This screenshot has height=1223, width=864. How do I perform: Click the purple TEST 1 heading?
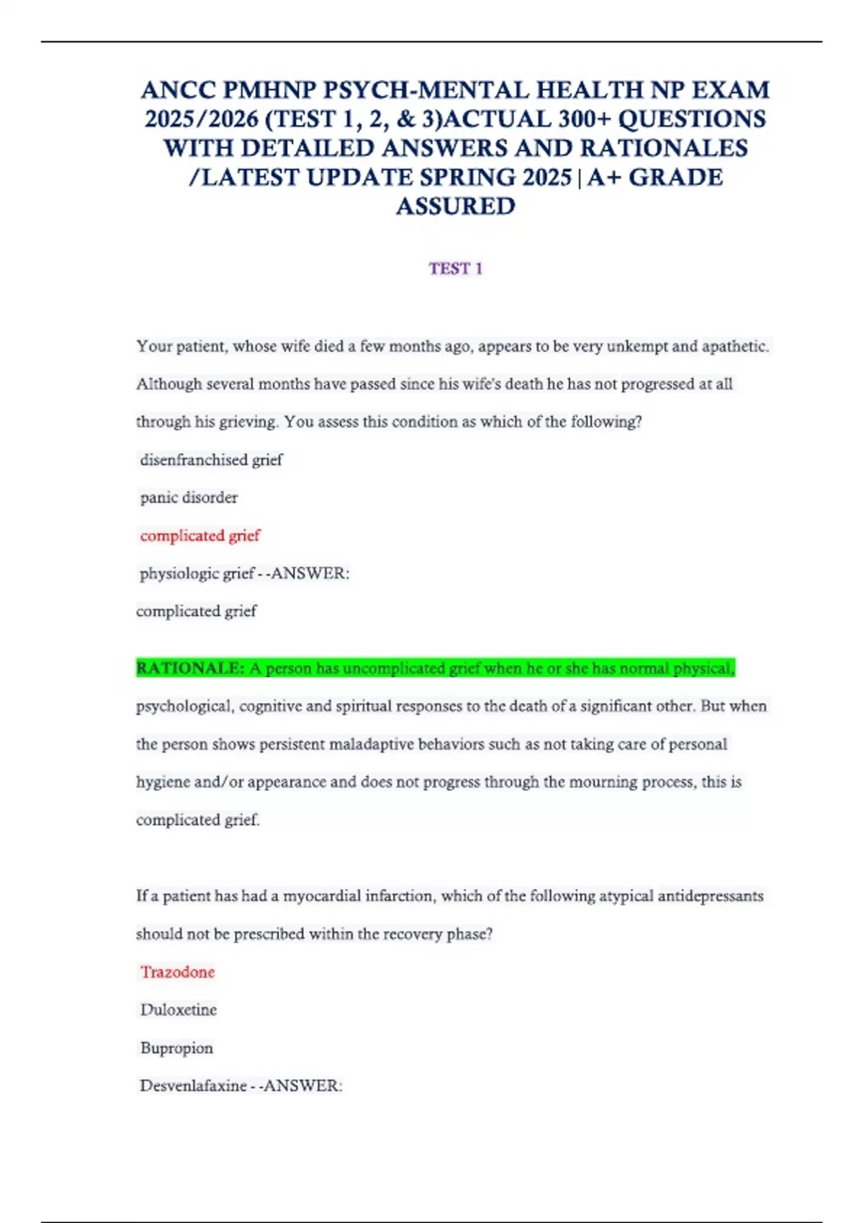click(x=455, y=268)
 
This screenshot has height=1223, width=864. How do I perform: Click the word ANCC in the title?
click(x=179, y=90)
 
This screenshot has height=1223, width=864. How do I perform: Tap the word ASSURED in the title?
click(x=455, y=206)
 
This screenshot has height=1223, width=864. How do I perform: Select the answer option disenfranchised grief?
click(x=211, y=460)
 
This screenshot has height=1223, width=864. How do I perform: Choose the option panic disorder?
click(x=189, y=497)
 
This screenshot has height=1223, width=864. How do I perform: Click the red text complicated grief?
click(x=200, y=535)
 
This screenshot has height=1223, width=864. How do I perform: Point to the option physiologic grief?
click(x=197, y=573)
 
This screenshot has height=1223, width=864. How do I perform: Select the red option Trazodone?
click(x=178, y=972)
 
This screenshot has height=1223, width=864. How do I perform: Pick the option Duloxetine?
click(x=179, y=1010)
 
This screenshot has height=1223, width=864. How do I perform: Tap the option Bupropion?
click(x=176, y=1048)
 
